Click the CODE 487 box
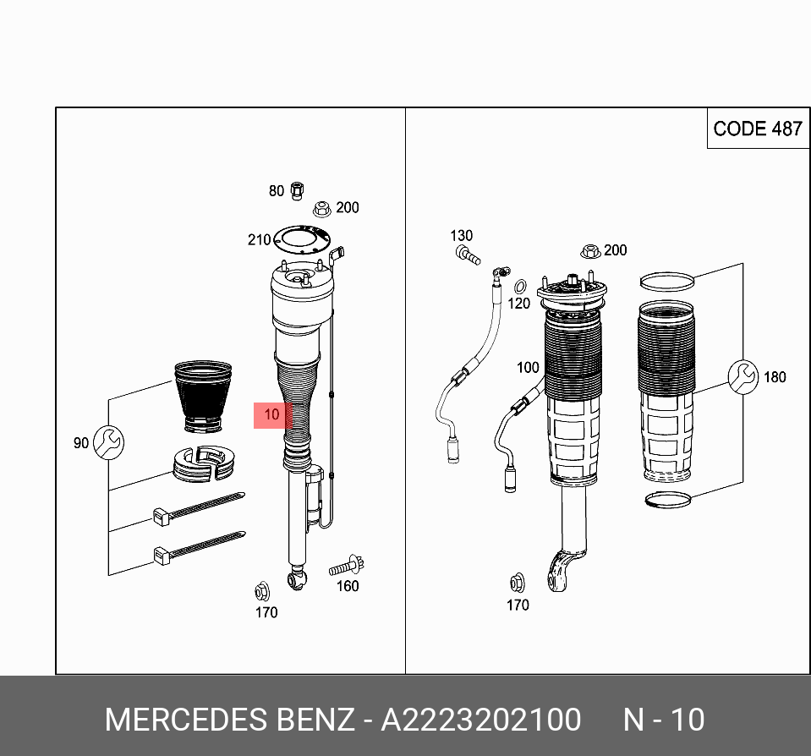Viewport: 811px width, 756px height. pyautogui.click(x=757, y=129)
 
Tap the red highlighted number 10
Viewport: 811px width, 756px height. pyautogui.click(x=271, y=415)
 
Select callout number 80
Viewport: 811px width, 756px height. pyautogui.click(x=277, y=191)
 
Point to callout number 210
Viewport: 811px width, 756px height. pyautogui.click(x=259, y=240)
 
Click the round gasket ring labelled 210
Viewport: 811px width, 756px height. pyautogui.click(x=303, y=239)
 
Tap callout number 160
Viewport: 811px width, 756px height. pyautogui.click(x=348, y=586)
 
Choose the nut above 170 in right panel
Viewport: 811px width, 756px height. pyautogui.click(x=516, y=582)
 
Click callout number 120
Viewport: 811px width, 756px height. pyautogui.click(x=519, y=303)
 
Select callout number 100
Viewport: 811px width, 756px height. pyautogui.click(x=528, y=368)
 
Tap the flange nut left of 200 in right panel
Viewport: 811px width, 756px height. pyautogui.click(x=590, y=250)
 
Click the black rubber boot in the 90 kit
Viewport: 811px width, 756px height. pyautogui.click(x=202, y=396)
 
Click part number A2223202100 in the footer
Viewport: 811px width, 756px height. pyautogui.click(x=481, y=720)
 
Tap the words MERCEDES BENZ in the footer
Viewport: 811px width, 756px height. pyautogui.click(x=229, y=720)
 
